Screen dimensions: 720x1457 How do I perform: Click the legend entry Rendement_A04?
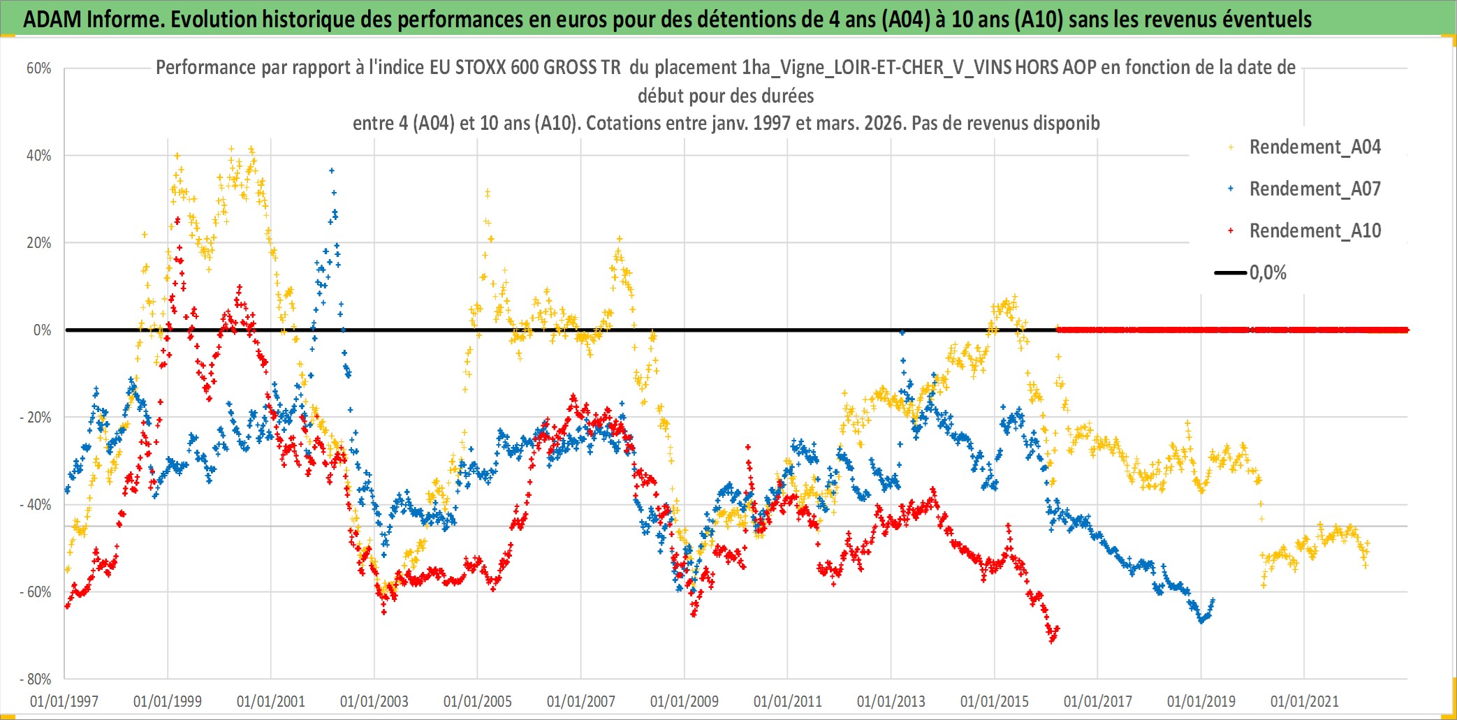tap(1315, 147)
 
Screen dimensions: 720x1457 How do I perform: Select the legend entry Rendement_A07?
tap(1315, 189)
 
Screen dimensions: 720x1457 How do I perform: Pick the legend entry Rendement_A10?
tap(1315, 231)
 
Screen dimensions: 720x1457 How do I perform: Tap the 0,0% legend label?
tap(1268, 273)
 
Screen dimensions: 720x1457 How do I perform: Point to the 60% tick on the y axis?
tap(39, 68)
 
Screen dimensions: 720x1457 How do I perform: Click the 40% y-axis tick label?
tap(39, 156)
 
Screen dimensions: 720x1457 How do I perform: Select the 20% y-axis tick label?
tap(39, 243)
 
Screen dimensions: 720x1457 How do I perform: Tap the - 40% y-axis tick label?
tap(36, 504)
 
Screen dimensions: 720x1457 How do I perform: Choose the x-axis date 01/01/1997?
tap(64, 701)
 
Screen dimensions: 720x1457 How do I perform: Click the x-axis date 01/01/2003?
tap(374, 701)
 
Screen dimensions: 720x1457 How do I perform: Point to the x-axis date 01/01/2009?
tap(684, 701)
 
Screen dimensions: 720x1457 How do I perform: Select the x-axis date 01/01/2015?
tap(995, 701)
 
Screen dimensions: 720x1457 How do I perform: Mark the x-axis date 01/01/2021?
tap(1305, 701)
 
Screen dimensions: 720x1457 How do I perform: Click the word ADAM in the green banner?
tap(52, 20)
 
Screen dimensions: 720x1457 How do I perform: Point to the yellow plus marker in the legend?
tap(1231, 147)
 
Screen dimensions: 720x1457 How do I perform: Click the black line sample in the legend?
tap(1231, 273)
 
